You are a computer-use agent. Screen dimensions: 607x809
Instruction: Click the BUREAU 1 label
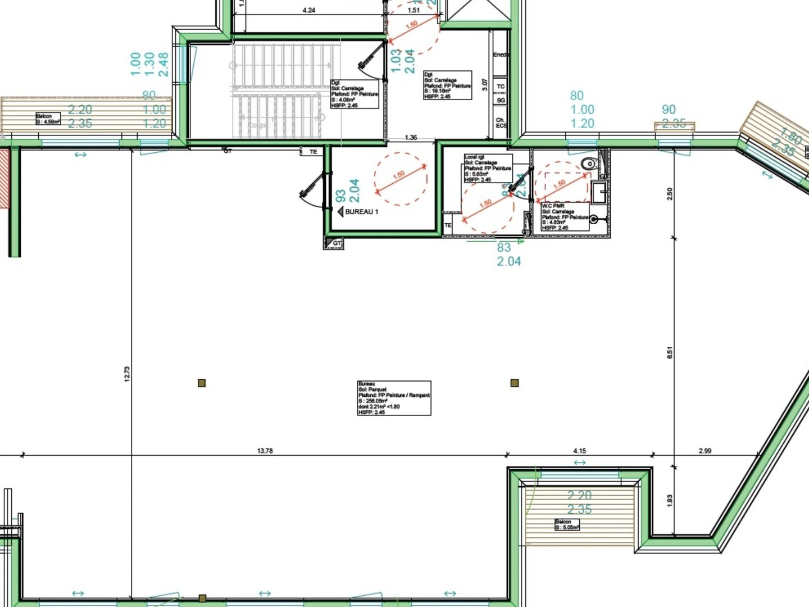point(361,212)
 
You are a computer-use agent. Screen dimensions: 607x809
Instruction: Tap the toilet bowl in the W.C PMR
point(589,164)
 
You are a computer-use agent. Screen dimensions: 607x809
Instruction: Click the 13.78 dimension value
point(265,451)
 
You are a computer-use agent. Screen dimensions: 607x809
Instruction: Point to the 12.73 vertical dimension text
point(127,374)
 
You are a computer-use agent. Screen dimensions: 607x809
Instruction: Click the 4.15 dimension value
point(579,451)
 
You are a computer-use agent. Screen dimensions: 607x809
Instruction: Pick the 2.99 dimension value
point(705,451)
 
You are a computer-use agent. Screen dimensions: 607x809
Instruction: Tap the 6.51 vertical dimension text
point(669,352)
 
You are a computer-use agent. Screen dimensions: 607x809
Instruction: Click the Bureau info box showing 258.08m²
point(394,398)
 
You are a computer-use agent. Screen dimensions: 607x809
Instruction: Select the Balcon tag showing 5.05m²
point(567,525)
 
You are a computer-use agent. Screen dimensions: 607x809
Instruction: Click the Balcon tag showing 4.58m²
point(48,119)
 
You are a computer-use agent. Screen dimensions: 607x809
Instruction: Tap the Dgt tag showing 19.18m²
point(447,85)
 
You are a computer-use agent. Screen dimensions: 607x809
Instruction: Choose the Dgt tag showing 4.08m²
point(354,94)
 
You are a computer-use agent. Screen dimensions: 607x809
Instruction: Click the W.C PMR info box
point(565,216)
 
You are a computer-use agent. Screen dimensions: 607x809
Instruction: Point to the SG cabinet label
point(501,100)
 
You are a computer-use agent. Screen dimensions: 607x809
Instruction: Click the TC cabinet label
point(501,87)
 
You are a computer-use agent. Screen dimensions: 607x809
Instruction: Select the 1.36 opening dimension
point(411,137)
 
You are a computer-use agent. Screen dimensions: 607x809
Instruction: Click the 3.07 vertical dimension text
point(485,85)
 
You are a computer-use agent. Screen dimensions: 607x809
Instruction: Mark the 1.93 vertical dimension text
point(669,500)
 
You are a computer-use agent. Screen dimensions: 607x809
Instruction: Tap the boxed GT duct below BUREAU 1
point(334,243)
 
